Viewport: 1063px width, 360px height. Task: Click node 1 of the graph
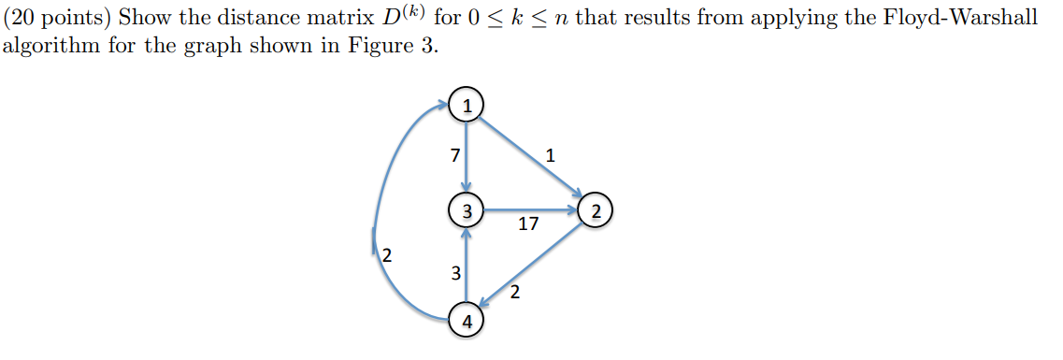tap(466, 103)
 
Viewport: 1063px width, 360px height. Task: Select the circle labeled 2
tap(596, 209)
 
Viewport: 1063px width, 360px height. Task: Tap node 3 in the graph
tap(466, 209)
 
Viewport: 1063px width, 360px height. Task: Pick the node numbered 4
tap(466, 321)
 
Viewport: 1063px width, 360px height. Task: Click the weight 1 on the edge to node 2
tap(551, 156)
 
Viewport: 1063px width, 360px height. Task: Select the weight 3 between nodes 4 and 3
tap(455, 274)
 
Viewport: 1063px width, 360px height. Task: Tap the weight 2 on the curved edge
tap(387, 254)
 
